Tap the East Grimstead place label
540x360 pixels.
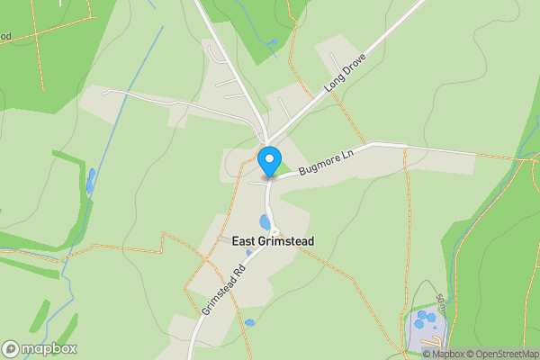(273, 241)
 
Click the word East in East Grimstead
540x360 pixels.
(245, 241)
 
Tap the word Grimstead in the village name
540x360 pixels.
(286, 241)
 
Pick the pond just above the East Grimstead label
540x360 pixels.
(265, 222)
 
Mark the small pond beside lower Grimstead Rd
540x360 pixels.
(249, 322)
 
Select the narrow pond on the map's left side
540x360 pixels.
(91, 179)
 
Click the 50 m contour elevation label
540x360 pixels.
(440, 301)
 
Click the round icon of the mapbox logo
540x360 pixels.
(11, 348)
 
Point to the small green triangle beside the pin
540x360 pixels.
(282, 167)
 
